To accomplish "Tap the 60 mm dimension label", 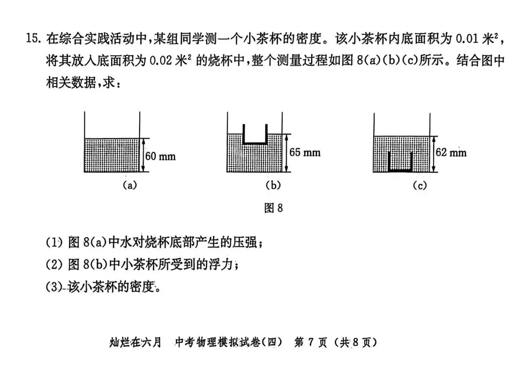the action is click(x=160, y=157).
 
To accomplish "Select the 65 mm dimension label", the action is click(x=305, y=152).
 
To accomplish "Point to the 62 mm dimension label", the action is click(x=451, y=152).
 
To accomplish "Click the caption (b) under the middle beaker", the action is click(x=273, y=185).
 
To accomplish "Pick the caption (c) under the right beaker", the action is click(x=419, y=185).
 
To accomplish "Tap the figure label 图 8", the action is click(x=273, y=208).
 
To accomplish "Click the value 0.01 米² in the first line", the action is click(x=478, y=38).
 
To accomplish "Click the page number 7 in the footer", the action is click(x=311, y=342).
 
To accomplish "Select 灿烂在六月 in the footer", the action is click(x=135, y=342).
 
